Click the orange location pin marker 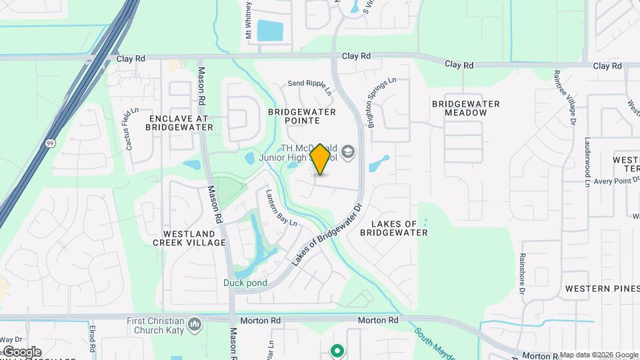pos(321,159)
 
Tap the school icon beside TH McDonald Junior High pos(347,153)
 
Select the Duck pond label pos(245,283)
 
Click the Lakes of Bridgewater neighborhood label pos(393,228)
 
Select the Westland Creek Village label pos(193,238)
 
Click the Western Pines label pos(597,289)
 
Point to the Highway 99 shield pos(50,143)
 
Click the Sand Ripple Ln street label pos(308,83)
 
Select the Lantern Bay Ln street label pos(281,208)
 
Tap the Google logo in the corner pos(22,351)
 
